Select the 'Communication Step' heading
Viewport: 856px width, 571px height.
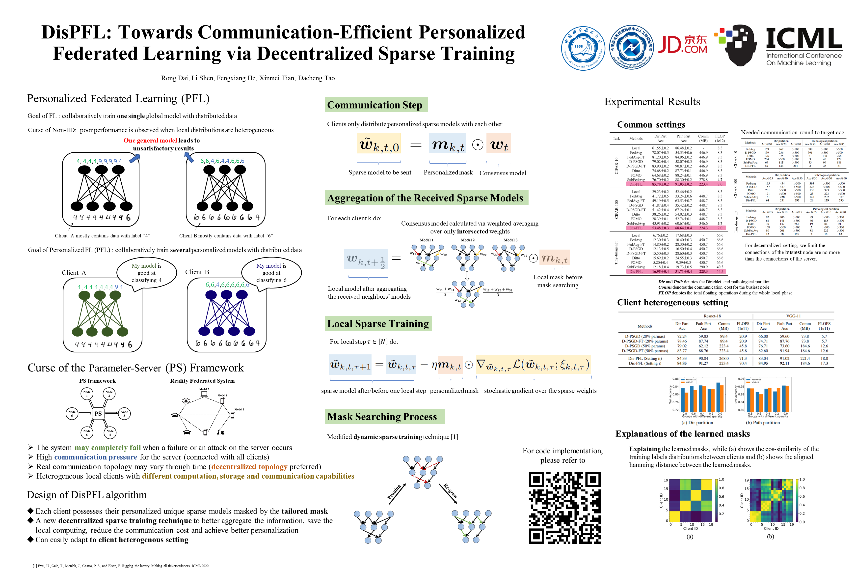tap(374, 105)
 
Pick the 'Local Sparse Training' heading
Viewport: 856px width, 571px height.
tap(378, 324)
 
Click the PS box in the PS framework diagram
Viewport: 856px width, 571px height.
tap(98, 413)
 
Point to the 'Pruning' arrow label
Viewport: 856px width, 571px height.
tap(394, 492)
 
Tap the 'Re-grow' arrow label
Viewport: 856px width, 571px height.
tap(450, 490)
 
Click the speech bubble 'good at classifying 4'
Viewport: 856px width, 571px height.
tap(147, 273)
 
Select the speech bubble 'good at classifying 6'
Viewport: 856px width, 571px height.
tap(271, 273)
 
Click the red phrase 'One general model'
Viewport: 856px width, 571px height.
tap(150, 141)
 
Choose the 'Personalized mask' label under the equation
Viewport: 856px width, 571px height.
tap(448, 172)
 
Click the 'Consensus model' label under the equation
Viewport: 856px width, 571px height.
tap(503, 173)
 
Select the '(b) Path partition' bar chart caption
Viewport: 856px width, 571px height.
tap(763, 423)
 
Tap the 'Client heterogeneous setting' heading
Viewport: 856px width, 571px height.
tap(672, 303)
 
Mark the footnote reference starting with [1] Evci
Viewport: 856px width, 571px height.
tap(120, 566)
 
